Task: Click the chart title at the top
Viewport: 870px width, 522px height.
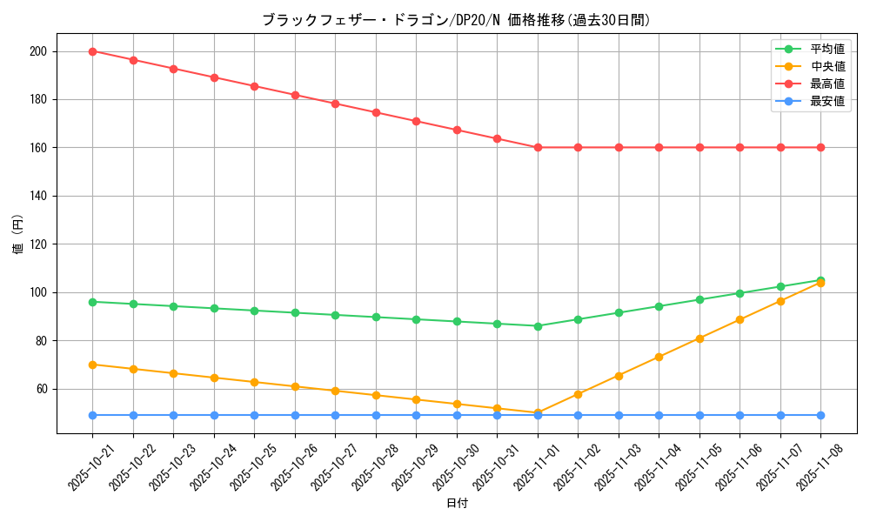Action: tap(456, 20)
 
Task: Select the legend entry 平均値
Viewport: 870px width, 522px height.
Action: tap(827, 50)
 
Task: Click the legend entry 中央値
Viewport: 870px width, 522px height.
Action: tap(827, 67)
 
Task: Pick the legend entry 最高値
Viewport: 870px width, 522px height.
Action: tap(827, 84)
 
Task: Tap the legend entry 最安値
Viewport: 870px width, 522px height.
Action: tap(827, 102)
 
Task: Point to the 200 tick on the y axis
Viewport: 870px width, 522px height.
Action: tap(40, 51)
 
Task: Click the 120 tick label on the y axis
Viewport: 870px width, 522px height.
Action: tap(40, 244)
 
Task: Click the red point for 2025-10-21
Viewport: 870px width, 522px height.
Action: tap(92, 51)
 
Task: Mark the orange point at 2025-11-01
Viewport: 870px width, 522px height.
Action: tap(538, 413)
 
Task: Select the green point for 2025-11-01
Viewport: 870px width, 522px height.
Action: tap(538, 326)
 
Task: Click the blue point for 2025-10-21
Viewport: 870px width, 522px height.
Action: tap(92, 415)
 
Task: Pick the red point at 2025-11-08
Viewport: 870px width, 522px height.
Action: tap(820, 147)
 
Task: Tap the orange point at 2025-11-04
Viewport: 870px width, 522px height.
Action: tap(659, 358)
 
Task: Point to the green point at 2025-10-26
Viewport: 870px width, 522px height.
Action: tap(295, 312)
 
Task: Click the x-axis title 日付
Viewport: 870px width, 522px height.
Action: tap(457, 504)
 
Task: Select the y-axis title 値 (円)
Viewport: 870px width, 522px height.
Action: tap(18, 234)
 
